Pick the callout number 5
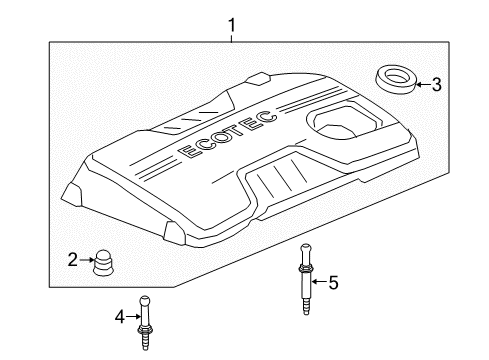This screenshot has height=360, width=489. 334,283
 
